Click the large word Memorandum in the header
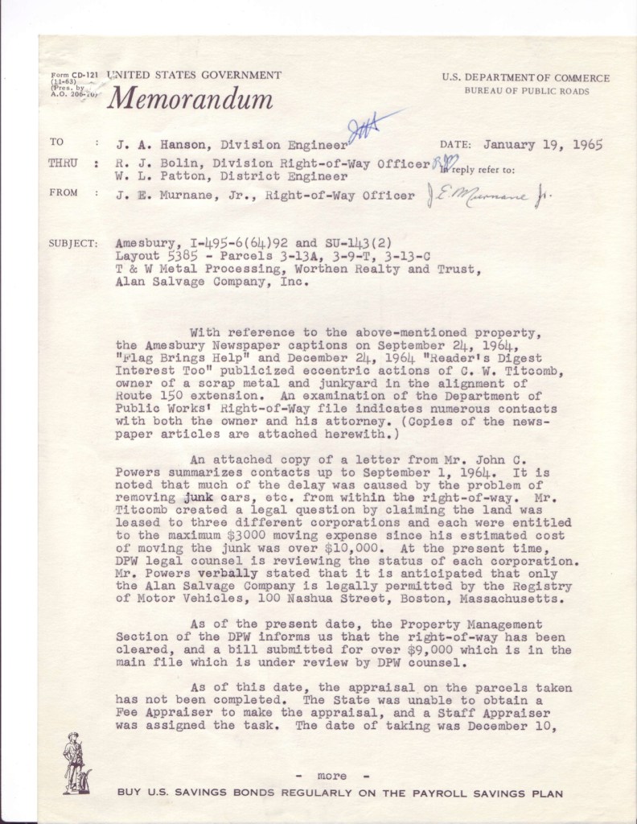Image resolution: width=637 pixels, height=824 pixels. point(189,99)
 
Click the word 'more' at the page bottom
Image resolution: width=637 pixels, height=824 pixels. point(331,776)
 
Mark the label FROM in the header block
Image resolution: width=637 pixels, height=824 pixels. point(64,194)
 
